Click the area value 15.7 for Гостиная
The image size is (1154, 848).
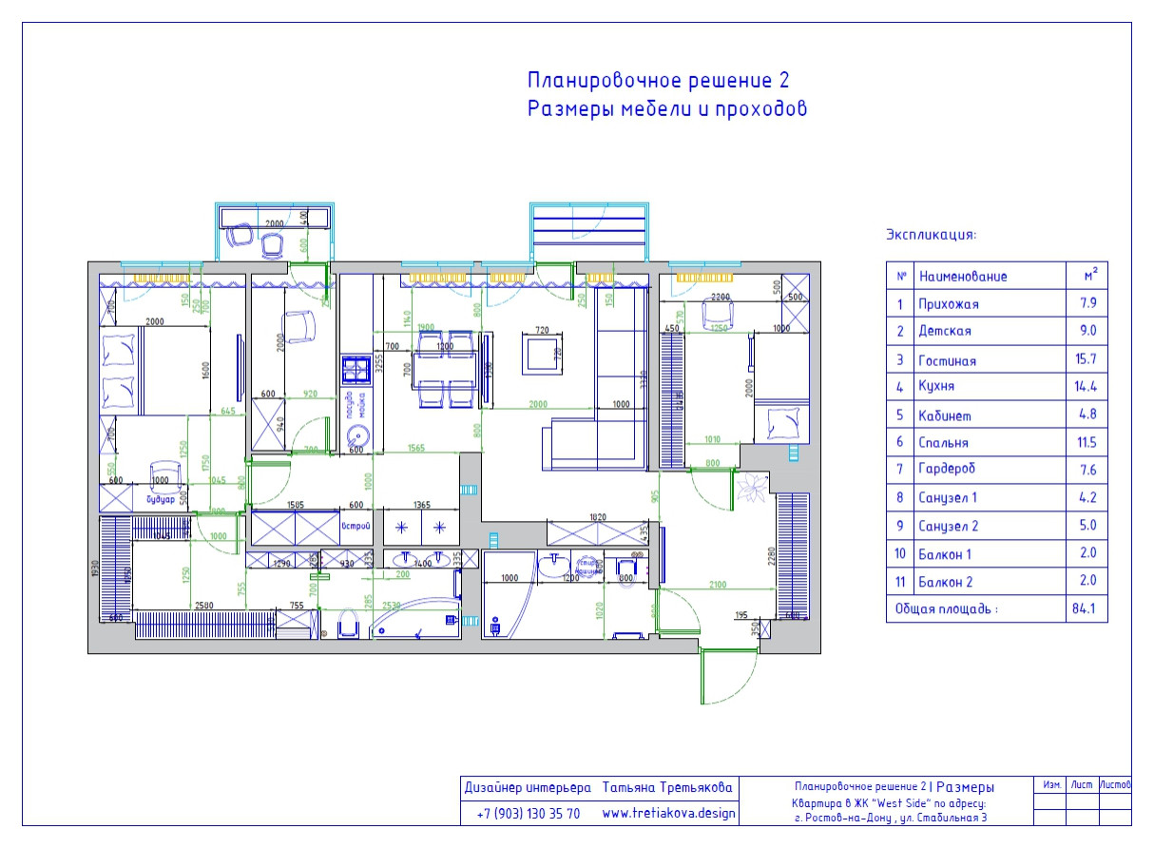coord(1087,360)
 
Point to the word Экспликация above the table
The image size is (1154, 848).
coord(931,234)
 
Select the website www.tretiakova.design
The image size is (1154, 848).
coord(669,814)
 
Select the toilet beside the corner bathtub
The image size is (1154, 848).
coord(348,625)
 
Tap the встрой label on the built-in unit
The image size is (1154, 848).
coord(356,528)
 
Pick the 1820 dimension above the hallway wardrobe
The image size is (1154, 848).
coord(597,517)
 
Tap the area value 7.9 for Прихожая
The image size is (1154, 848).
coord(1087,304)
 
